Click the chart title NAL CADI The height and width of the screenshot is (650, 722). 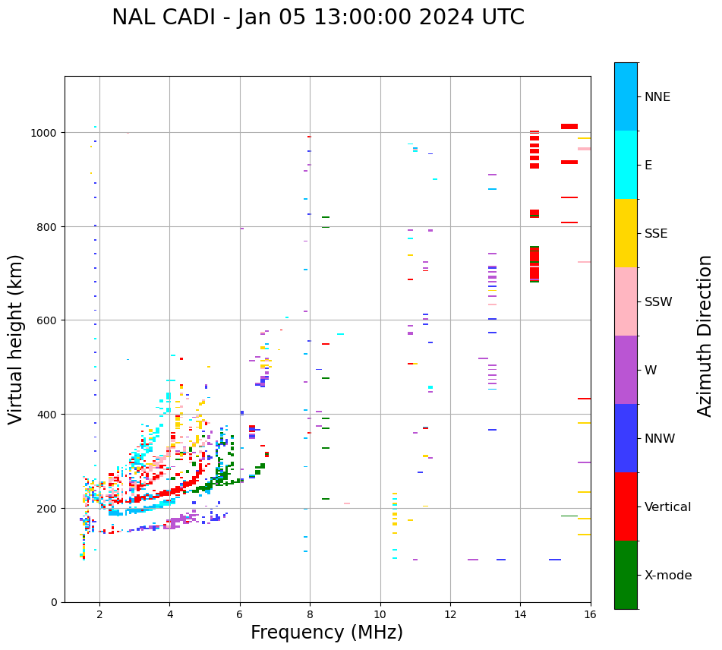click(x=318, y=17)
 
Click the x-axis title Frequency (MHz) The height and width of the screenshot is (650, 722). click(x=326, y=633)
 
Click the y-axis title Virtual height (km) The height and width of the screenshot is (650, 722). click(x=16, y=339)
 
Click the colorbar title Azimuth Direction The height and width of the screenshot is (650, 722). click(x=705, y=336)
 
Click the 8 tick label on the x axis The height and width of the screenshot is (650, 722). click(x=310, y=615)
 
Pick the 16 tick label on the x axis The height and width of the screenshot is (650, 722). click(x=590, y=615)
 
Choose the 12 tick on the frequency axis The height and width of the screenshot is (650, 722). click(x=450, y=615)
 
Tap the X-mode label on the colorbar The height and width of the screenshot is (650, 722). click(x=668, y=576)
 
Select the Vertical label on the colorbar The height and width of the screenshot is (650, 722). click(x=667, y=507)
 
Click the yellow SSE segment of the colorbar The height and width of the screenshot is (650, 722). click(x=626, y=233)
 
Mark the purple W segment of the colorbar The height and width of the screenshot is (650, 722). click(x=626, y=370)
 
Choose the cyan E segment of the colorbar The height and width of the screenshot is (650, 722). click(x=626, y=165)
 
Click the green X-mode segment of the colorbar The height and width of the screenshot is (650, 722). click(x=626, y=575)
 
